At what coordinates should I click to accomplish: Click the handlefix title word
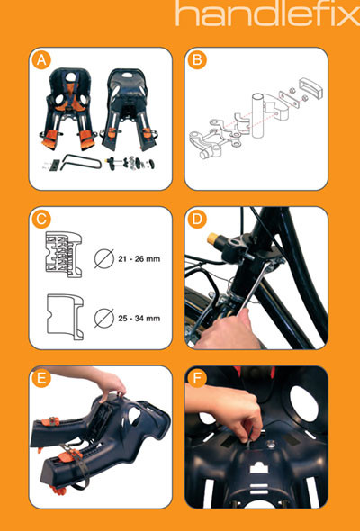[x=267, y=13]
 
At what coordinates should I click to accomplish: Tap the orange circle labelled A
[x=41, y=60]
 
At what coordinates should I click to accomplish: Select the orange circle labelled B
[x=197, y=60]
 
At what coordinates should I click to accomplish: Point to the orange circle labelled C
[x=41, y=219]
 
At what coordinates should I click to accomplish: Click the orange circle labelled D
[x=197, y=219]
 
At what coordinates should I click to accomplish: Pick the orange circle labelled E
[x=41, y=378]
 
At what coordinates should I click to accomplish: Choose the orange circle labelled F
[x=197, y=378]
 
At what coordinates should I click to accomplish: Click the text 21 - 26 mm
[x=139, y=259]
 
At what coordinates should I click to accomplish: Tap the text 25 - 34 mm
[x=139, y=319]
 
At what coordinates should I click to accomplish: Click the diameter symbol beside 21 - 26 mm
[x=104, y=258]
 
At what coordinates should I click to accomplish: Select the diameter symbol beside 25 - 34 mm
[x=104, y=318]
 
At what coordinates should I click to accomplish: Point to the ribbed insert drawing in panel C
[x=64, y=255]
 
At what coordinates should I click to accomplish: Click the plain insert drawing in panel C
[x=65, y=317]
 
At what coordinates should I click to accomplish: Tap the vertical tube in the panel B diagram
[x=257, y=115]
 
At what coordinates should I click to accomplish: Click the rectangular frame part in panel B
[x=310, y=88]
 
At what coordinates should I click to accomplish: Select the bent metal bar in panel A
[x=81, y=162]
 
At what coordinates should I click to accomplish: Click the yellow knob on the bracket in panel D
[x=212, y=238]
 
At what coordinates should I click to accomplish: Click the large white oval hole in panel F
[x=304, y=404]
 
